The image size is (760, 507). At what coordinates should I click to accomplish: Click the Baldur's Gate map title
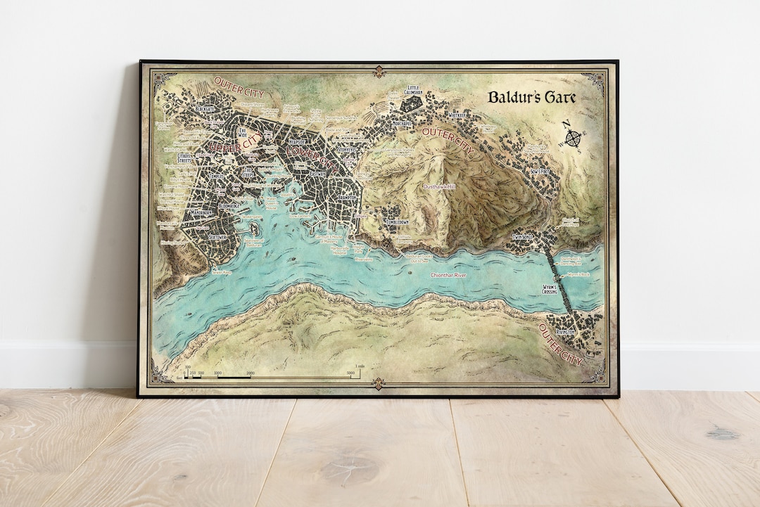pyautogui.click(x=532, y=97)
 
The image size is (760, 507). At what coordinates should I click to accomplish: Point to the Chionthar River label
pyautogui.click(x=448, y=275)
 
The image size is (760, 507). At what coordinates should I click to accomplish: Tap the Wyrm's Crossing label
pyautogui.click(x=550, y=290)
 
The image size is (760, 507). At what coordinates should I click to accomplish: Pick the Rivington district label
pyautogui.click(x=566, y=331)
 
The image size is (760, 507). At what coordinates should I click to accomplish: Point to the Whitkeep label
pyautogui.click(x=460, y=117)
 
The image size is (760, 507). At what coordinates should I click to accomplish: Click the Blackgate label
pyautogui.click(x=205, y=109)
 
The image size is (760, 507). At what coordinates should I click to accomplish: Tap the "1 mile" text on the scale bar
pyautogui.click(x=360, y=366)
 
